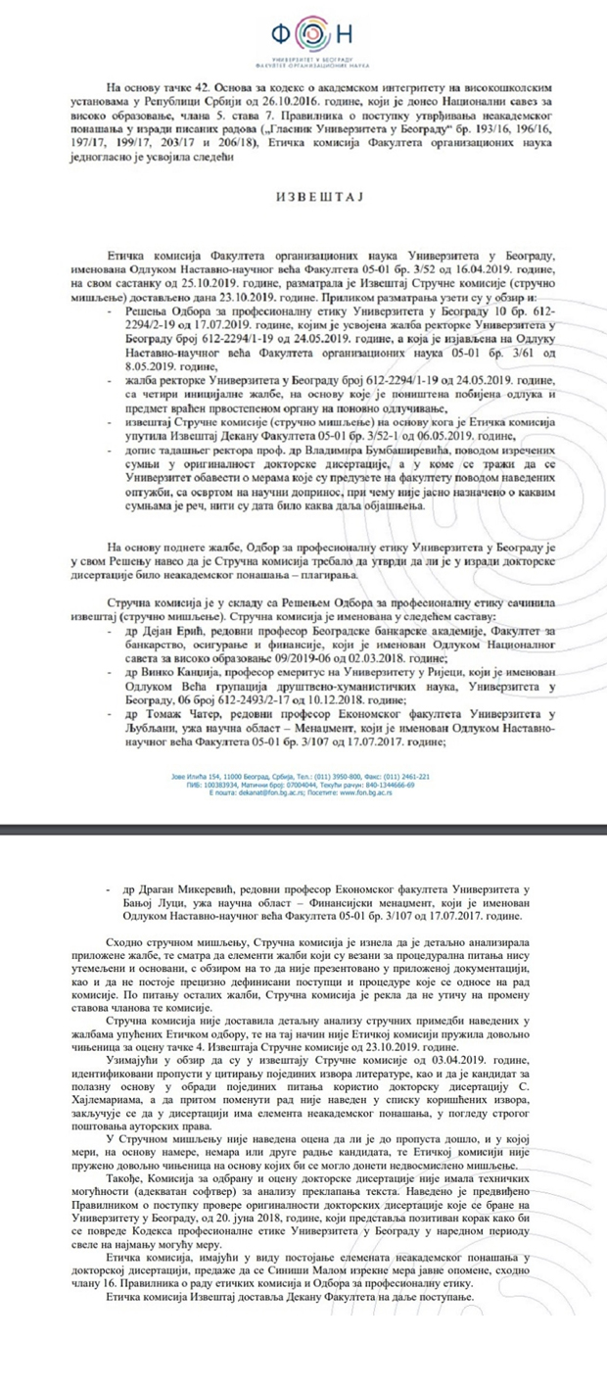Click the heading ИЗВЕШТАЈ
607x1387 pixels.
pos(303,197)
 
